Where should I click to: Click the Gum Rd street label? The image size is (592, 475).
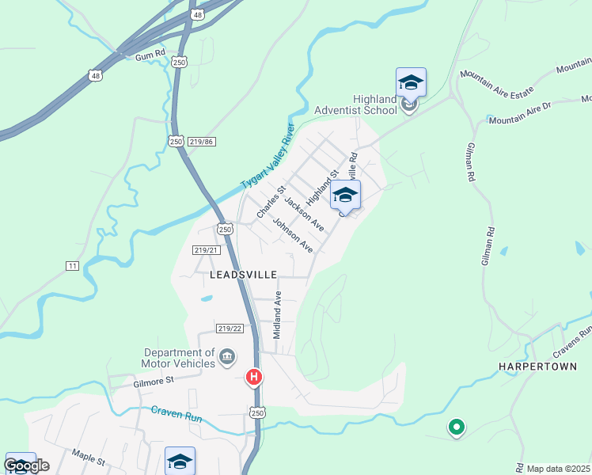[x=150, y=56]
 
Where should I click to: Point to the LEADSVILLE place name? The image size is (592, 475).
[x=244, y=275]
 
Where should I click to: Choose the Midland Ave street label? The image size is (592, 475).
[x=277, y=315]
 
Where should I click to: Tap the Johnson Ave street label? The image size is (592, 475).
[x=294, y=236]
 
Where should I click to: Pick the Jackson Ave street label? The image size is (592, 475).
[x=305, y=215]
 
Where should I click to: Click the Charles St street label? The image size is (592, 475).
[x=271, y=203]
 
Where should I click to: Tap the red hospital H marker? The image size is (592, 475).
[x=254, y=378]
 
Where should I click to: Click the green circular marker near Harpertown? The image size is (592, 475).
[x=456, y=427]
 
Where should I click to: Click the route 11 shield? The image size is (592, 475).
[x=73, y=266]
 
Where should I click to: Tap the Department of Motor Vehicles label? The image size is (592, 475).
[x=179, y=358]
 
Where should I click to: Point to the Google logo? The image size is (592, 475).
[x=27, y=465]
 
